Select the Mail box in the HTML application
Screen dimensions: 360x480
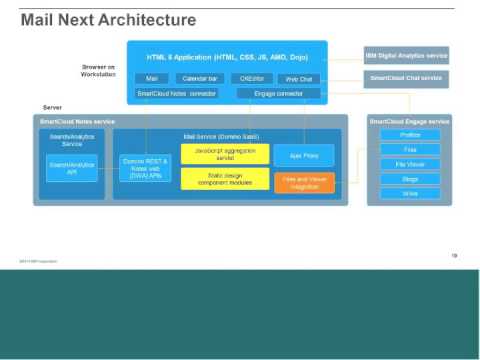coord(151,78)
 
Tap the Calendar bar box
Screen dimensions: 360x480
coord(200,78)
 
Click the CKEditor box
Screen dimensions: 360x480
coord(250,78)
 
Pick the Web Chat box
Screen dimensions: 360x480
coord(299,78)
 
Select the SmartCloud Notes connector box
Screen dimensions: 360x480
coord(177,93)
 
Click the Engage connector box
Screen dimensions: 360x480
coord(278,93)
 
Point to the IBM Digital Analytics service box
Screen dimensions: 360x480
coord(406,55)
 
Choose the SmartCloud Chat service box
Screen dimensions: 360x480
coord(406,77)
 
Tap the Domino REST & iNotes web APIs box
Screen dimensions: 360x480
coord(142,168)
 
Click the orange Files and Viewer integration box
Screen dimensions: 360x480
coord(304,182)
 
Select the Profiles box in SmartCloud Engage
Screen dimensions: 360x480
coord(411,135)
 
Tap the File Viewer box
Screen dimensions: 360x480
coord(411,164)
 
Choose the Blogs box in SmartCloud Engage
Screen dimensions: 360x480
coord(411,179)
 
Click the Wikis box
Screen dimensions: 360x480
coord(411,193)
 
